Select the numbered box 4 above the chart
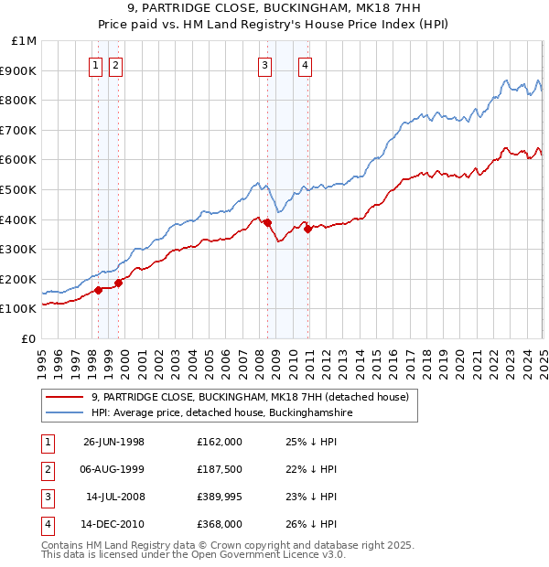(x=305, y=65)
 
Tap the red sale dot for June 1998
(x=98, y=291)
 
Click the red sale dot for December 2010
(x=308, y=229)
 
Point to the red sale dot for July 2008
(x=268, y=222)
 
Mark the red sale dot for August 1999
(x=118, y=283)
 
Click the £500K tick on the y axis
(x=24, y=189)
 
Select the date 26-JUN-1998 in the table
(x=113, y=441)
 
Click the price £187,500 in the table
(x=220, y=468)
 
